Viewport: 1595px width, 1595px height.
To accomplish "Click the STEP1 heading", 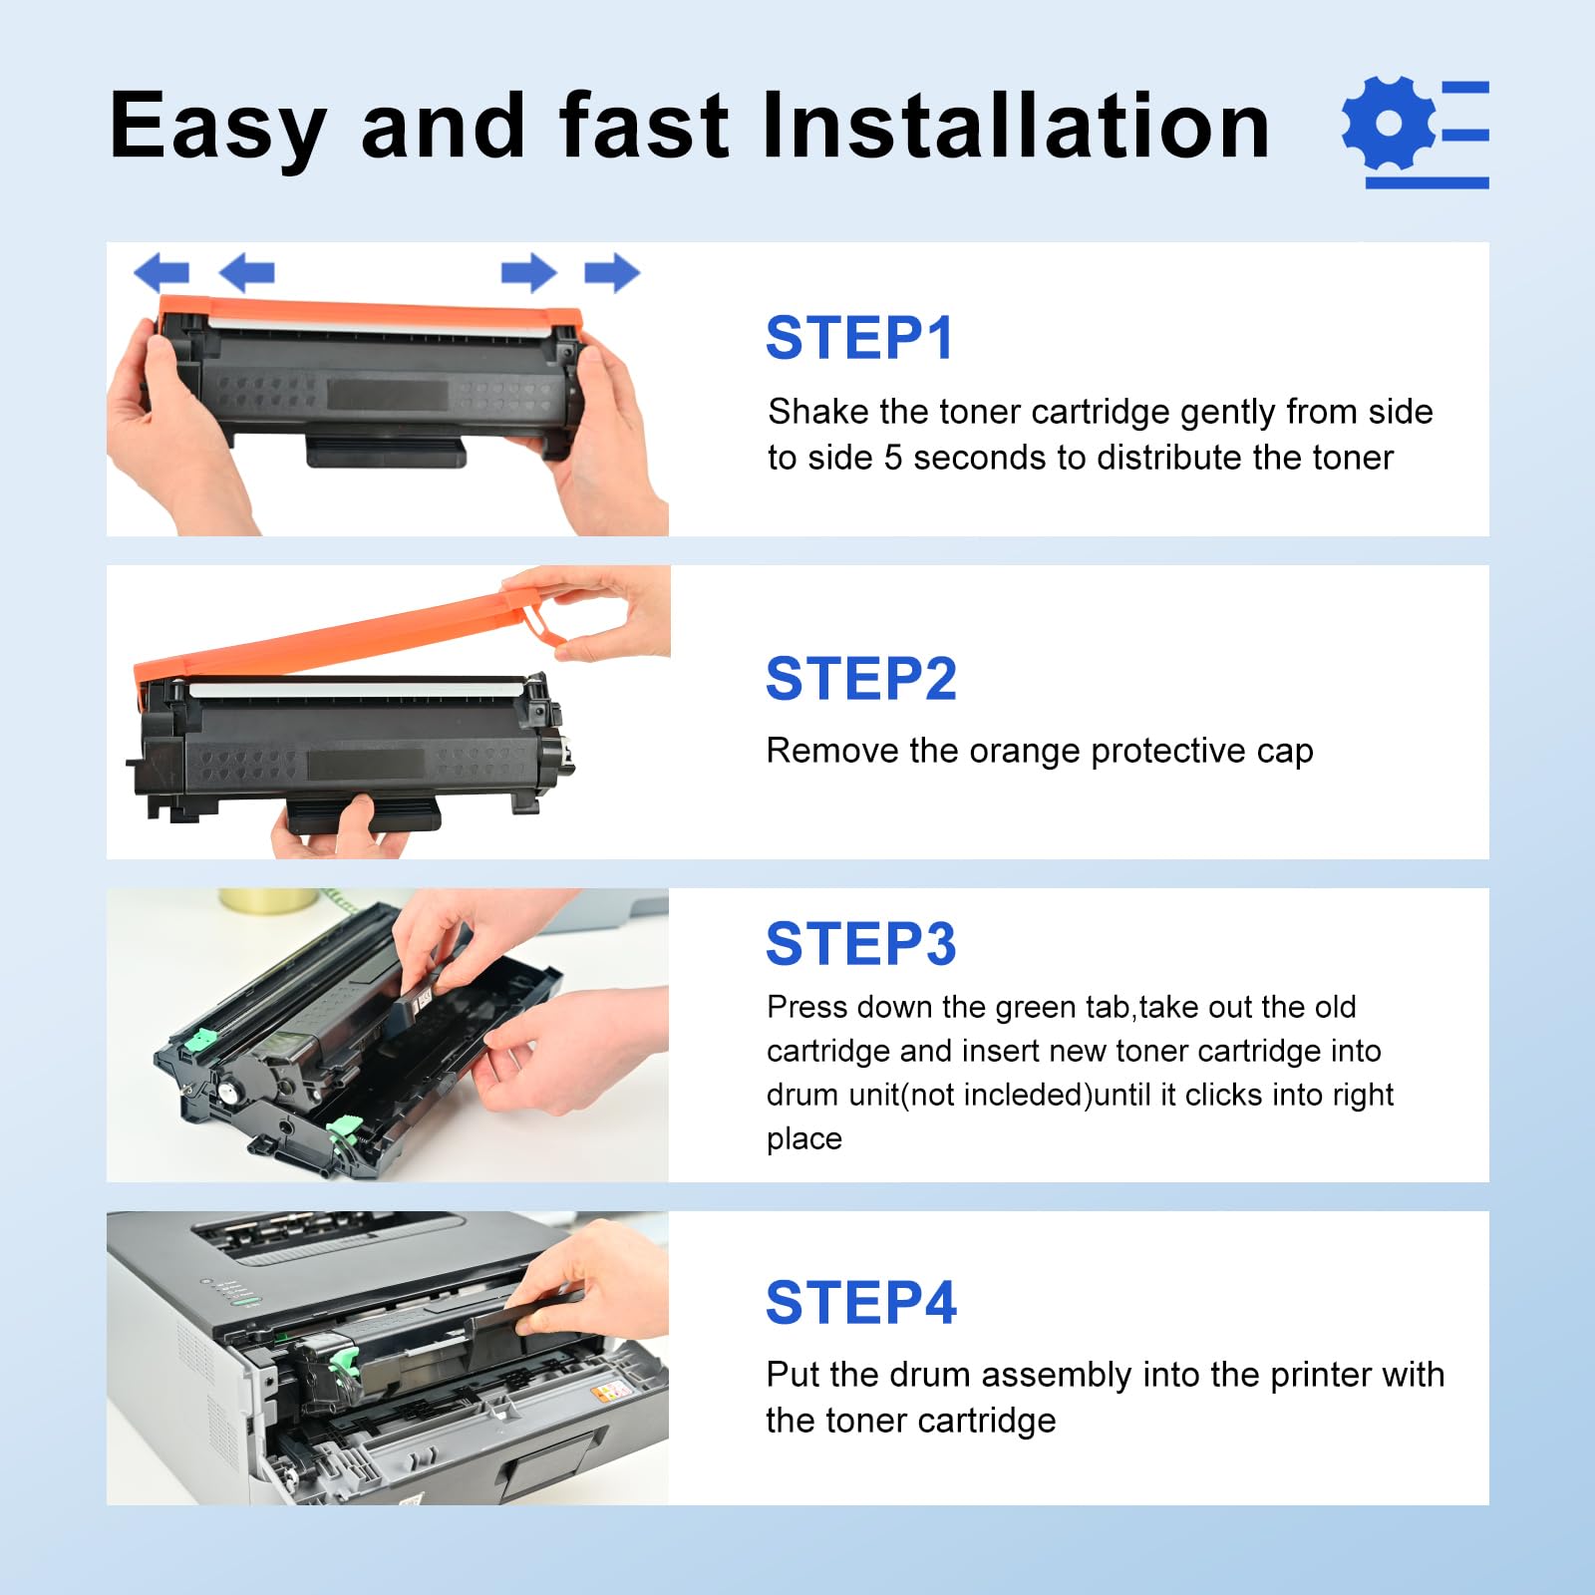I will (x=859, y=338).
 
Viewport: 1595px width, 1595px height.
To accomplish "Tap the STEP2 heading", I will (x=861, y=679).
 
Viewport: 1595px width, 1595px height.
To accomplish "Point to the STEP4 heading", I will (x=861, y=1303).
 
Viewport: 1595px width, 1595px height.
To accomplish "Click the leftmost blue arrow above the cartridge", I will (x=160, y=272).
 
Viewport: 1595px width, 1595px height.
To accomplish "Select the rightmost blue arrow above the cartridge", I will (x=612, y=272).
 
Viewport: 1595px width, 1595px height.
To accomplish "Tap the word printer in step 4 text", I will (x=1310, y=1375).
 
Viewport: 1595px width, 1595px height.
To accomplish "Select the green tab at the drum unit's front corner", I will (x=345, y=1127).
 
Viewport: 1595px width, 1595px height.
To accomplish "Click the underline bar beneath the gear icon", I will (x=1427, y=182).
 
